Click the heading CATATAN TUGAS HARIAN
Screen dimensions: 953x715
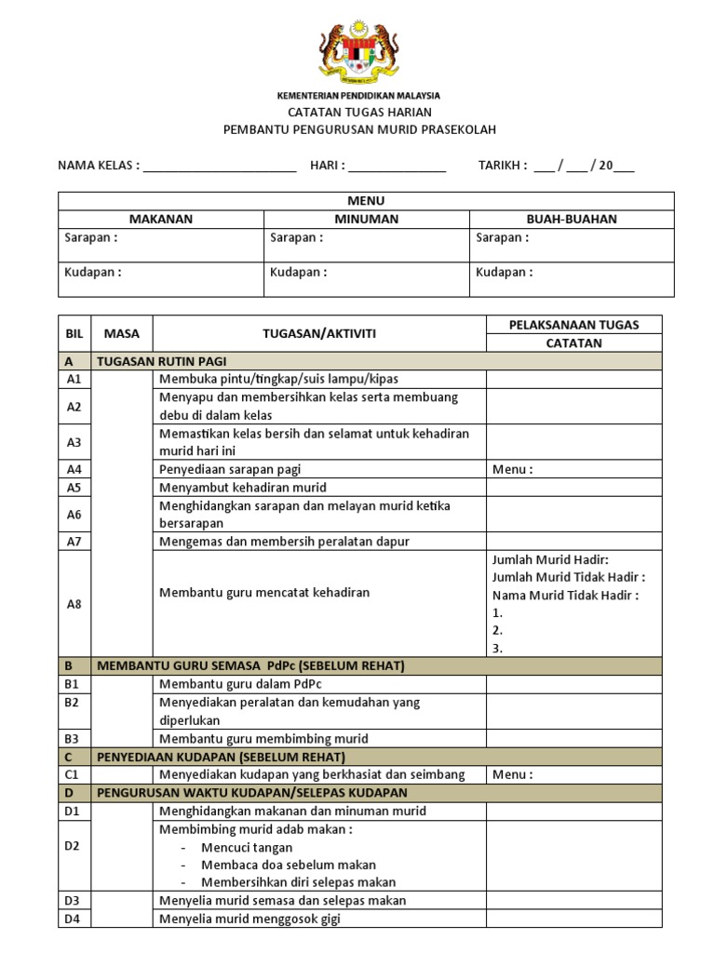tap(359, 113)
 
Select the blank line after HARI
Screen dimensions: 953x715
tap(398, 168)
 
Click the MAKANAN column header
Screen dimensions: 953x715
tap(161, 220)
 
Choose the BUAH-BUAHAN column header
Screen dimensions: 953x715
tap(572, 220)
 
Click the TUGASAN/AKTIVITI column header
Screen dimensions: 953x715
tap(318, 333)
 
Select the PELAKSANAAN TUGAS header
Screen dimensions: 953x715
tap(573, 325)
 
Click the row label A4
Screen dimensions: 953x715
tap(74, 470)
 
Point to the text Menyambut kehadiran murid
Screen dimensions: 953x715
tap(243, 488)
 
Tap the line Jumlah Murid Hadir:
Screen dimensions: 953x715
tap(550, 559)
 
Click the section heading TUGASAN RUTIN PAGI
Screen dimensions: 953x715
tap(162, 361)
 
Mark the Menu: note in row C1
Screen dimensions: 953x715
tap(513, 774)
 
